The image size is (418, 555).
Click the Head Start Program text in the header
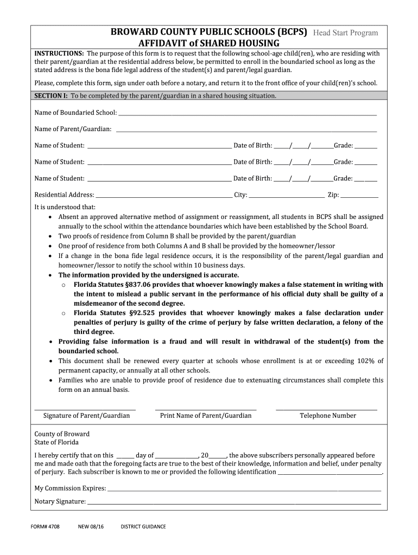coord(345,33)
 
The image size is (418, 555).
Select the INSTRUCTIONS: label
coord(59,54)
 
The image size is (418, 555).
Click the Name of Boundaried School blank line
coord(247,114)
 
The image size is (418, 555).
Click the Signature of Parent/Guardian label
coord(86,416)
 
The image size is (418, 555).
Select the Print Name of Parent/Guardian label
coord(206,416)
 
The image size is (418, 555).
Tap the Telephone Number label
coord(328,416)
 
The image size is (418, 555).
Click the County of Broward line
coord(62,434)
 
